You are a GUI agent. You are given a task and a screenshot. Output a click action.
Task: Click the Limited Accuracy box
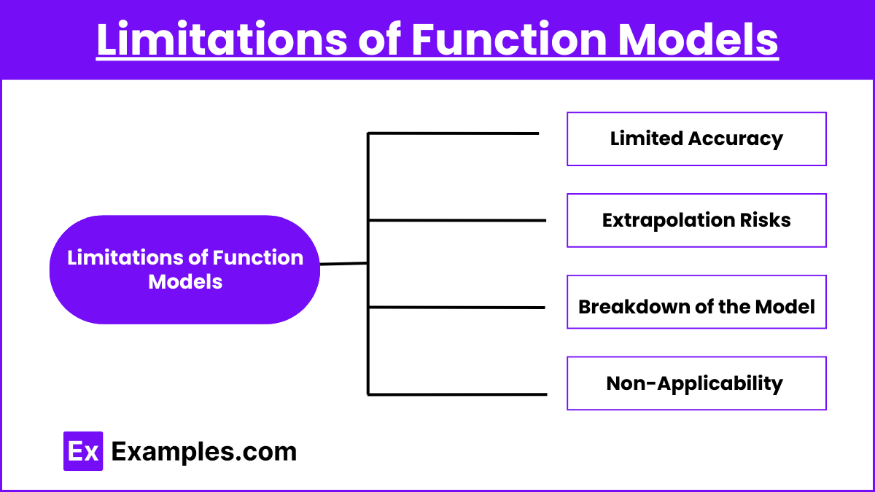[696, 139]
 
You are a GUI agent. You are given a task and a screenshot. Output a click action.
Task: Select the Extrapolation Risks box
[696, 220]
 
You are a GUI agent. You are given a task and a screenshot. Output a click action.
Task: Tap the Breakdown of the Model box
[696, 302]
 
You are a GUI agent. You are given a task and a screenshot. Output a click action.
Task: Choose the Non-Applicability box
[696, 383]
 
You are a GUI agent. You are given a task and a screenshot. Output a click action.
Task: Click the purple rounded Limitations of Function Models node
[184, 270]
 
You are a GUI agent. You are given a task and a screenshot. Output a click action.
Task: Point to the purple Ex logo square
[83, 451]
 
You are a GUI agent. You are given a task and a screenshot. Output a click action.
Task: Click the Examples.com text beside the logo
[204, 452]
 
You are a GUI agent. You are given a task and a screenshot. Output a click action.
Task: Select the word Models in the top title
[698, 39]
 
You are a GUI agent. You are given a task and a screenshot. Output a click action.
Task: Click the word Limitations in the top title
[222, 39]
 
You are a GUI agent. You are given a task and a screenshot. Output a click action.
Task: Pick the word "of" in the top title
[379, 39]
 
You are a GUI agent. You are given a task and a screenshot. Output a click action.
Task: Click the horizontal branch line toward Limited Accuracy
[454, 133]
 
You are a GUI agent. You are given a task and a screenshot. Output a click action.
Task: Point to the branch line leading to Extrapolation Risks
[457, 221]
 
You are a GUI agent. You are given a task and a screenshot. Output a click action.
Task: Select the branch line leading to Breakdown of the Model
[456, 308]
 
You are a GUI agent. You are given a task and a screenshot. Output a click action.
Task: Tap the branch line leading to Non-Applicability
[457, 394]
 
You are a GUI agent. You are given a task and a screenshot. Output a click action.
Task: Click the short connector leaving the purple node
[343, 264]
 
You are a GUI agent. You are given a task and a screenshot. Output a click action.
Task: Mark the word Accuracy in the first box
[736, 139]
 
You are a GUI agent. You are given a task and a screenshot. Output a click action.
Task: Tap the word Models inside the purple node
[185, 282]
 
